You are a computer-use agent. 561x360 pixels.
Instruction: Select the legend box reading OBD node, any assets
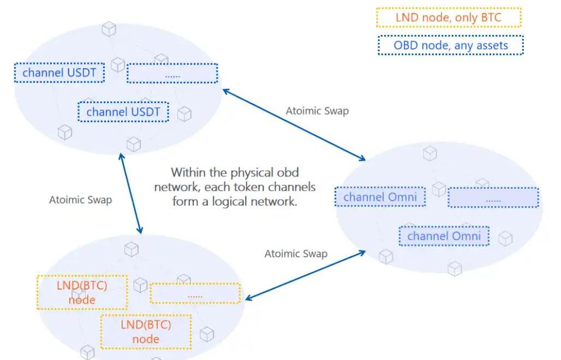tap(450, 45)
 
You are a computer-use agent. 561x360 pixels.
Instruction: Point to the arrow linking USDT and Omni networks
tap(294, 125)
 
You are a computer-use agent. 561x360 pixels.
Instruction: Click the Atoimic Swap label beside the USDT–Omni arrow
tap(317, 111)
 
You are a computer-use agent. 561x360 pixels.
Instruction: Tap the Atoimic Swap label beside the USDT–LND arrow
tap(80, 200)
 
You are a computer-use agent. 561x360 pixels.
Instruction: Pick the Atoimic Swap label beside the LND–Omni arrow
tap(296, 254)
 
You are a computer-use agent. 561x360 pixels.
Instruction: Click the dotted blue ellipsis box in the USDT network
tap(172, 73)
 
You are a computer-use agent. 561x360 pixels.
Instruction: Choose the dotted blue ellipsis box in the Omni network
tap(493, 197)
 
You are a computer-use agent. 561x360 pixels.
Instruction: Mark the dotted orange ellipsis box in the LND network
tap(195, 293)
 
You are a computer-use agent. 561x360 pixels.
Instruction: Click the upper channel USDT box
tap(59, 72)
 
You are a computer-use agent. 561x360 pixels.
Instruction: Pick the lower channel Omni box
tap(444, 236)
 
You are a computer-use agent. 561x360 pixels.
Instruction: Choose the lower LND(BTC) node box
tap(146, 331)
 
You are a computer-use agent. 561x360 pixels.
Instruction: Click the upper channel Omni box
tap(380, 197)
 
